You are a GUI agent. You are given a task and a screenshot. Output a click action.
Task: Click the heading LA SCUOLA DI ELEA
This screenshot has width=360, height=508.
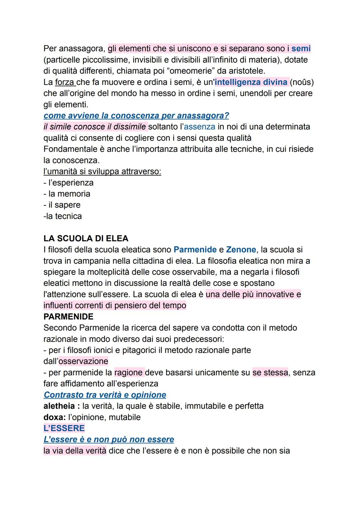tap(86, 239)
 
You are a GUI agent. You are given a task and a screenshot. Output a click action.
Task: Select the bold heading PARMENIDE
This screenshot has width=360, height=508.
tap(68, 316)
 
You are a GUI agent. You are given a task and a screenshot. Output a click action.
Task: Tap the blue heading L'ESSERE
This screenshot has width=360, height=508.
tap(64, 428)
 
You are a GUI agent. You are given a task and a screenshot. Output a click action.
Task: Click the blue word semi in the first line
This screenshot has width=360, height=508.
tap(301, 49)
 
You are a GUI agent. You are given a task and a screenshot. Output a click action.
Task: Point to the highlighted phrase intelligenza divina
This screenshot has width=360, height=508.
tap(251, 82)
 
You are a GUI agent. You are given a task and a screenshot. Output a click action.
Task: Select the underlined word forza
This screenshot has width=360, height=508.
tap(65, 82)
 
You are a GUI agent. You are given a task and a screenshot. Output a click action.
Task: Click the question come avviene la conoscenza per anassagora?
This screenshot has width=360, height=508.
tap(136, 116)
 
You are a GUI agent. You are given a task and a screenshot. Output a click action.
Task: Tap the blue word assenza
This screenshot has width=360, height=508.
tap(199, 127)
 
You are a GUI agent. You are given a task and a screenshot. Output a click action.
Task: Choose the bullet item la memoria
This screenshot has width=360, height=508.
tap(69, 194)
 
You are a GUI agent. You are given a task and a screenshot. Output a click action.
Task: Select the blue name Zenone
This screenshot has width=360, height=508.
tap(241, 250)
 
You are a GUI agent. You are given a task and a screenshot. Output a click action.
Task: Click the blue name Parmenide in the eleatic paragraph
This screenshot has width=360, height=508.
tap(195, 250)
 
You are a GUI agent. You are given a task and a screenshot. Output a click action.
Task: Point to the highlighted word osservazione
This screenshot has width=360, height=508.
tap(83, 361)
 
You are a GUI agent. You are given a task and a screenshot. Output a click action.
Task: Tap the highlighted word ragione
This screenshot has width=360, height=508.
tap(129, 372)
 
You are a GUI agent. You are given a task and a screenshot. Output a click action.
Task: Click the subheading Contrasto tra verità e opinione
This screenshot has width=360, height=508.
tap(105, 395)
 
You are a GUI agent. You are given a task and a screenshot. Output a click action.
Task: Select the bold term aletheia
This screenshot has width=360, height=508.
tap(59, 406)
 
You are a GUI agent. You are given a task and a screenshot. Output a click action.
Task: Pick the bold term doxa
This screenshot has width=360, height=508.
tap(53, 417)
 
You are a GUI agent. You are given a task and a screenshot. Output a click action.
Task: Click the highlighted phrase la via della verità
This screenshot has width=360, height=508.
tap(75, 451)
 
